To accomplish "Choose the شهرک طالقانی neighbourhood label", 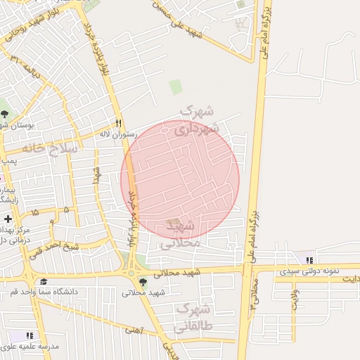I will [194, 318].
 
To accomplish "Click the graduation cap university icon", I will [44, 281].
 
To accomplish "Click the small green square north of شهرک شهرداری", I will [175, 88].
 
